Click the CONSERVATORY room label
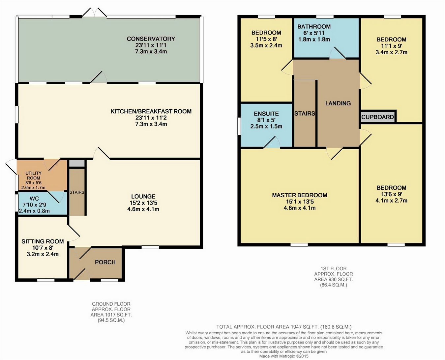point(151,39)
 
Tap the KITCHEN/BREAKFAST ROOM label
point(151,111)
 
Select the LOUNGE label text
point(143,196)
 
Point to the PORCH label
point(105,262)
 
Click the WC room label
point(34,199)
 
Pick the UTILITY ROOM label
point(33,176)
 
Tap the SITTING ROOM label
point(43,241)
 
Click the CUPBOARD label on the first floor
point(377,117)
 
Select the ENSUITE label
point(266,114)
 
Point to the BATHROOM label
point(314,27)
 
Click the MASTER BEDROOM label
point(300,195)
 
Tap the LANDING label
point(338,103)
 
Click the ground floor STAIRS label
point(77,192)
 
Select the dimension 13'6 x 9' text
point(392,194)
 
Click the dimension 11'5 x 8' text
point(266,39)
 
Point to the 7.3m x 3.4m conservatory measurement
point(151,52)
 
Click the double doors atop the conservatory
point(94,12)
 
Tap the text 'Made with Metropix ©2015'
point(284,356)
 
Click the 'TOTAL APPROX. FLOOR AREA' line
point(284,327)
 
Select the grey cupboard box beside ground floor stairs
point(77,163)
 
